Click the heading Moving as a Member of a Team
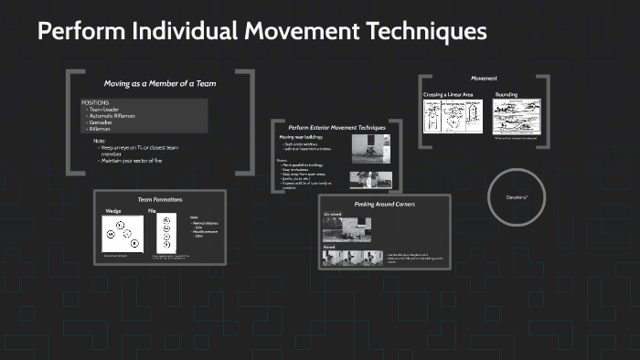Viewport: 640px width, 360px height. [x=160, y=83]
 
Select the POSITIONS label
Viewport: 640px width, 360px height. [x=95, y=101]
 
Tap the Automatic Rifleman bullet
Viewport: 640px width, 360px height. [x=112, y=115]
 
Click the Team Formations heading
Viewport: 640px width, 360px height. [x=160, y=199]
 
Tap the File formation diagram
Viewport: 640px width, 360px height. [x=165, y=234]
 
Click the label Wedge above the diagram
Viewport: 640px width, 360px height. [x=113, y=211]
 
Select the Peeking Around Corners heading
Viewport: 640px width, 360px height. [x=385, y=204]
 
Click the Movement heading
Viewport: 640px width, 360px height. [x=484, y=79]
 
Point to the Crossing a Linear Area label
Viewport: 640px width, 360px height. [x=448, y=94]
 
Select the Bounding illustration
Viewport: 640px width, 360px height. [x=517, y=117]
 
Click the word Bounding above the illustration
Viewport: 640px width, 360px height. [x=507, y=94]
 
